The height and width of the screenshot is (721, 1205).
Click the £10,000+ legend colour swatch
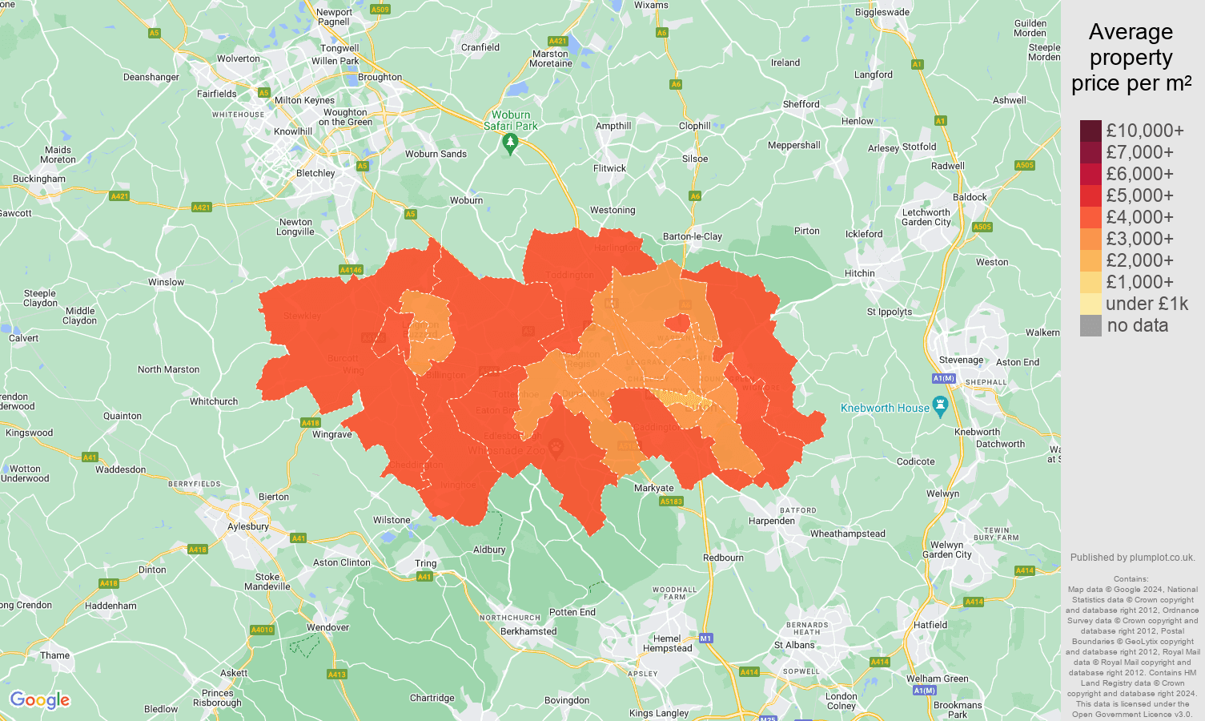click(1091, 131)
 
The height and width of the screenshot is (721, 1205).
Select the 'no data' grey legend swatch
click(1091, 325)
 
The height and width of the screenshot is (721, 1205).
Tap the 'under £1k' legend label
click(1147, 304)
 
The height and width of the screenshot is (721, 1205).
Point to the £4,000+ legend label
click(1139, 217)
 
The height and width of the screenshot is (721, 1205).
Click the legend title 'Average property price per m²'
click(1131, 58)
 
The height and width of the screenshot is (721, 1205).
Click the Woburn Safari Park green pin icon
click(510, 143)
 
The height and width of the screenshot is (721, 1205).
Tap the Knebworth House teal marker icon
click(941, 405)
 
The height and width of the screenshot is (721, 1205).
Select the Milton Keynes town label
click(304, 100)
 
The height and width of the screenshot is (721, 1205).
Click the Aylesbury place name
click(248, 526)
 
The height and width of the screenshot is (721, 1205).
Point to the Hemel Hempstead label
click(667, 643)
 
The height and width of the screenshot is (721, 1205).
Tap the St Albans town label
click(794, 645)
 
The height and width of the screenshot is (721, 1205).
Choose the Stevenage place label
click(961, 360)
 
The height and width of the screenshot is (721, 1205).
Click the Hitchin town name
click(860, 273)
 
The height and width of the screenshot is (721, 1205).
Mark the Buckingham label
click(39, 179)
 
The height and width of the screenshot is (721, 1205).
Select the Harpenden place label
click(772, 521)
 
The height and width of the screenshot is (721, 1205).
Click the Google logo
click(39, 700)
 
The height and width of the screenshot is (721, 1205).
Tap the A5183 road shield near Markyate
click(671, 501)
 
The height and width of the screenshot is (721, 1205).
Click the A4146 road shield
click(351, 270)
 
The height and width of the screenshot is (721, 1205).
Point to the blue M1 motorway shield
click(705, 638)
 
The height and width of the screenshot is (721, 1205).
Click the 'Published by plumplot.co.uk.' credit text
click(1132, 558)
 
